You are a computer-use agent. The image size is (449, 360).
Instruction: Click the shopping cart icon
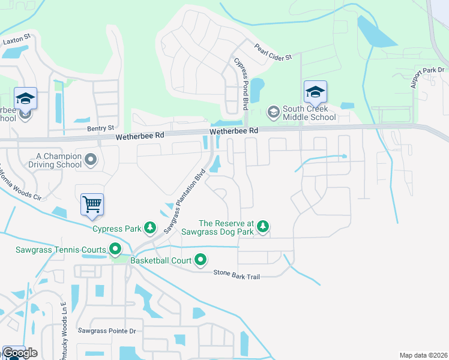click(x=92, y=204)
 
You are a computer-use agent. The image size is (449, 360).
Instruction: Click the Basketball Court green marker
click(x=200, y=260)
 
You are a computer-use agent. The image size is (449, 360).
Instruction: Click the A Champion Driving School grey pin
click(x=91, y=160)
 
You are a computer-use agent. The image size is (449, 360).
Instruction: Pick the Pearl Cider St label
click(x=273, y=52)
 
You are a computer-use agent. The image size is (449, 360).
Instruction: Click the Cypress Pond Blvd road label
click(x=241, y=83)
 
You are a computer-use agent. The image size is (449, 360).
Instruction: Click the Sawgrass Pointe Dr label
click(x=107, y=331)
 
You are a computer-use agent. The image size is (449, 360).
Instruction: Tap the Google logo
click(x=20, y=353)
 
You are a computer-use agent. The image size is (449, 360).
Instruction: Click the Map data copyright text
click(x=423, y=355)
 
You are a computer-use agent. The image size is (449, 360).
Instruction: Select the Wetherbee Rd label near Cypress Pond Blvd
click(x=234, y=130)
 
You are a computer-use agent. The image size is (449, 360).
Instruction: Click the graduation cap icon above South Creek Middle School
click(x=315, y=92)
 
